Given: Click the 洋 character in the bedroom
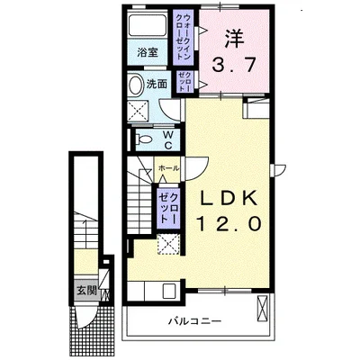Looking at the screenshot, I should point(234,40).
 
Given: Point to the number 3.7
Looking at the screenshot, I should point(234,65).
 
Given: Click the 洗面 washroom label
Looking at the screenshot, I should point(157,84).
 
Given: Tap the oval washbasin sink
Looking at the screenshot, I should point(137,86).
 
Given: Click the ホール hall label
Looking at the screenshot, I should point(167,168).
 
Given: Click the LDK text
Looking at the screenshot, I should point(228,198).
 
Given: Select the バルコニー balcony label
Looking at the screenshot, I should point(193,320).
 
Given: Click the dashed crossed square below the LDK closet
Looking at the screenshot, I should point(167,243).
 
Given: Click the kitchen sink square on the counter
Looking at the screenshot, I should point(168,292).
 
